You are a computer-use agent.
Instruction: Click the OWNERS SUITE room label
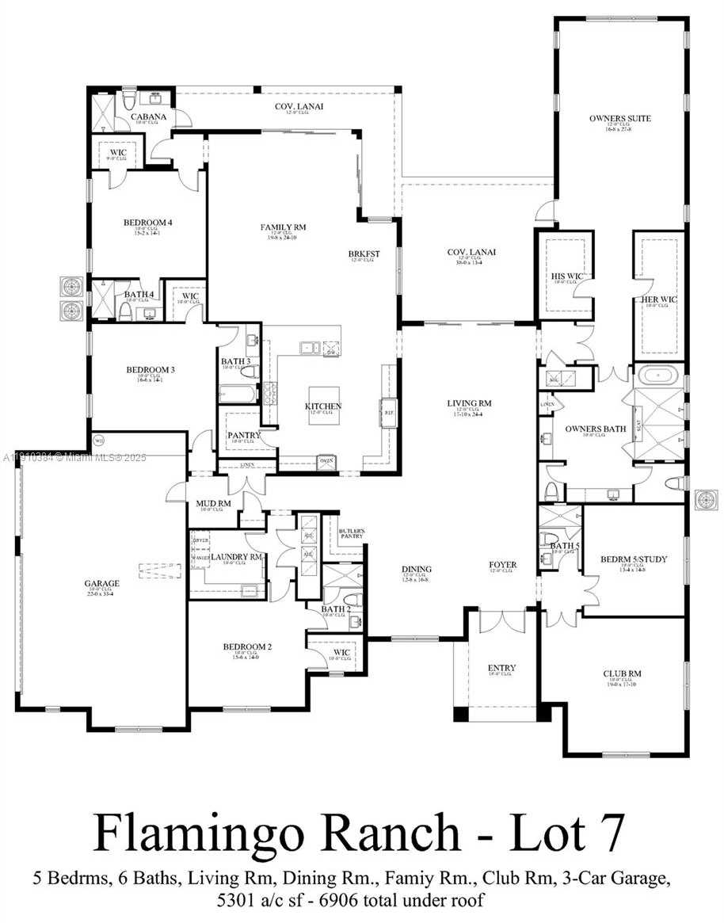click(x=619, y=119)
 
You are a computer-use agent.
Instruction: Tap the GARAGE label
click(x=102, y=584)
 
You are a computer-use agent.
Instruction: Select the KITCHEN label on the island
click(x=323, y=406)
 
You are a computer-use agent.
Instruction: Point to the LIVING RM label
click(x=470, y=403)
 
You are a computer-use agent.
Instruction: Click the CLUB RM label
click(x=622, y=674)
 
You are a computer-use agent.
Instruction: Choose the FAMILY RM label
click(x=283, y=227)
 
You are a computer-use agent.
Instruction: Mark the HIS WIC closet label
click(x=567, y=276)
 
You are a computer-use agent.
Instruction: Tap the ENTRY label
click(x=501, y=668)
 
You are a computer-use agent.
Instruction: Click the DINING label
click(x=417, y=569)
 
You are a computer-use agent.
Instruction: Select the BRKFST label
click(x=364, y=254)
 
